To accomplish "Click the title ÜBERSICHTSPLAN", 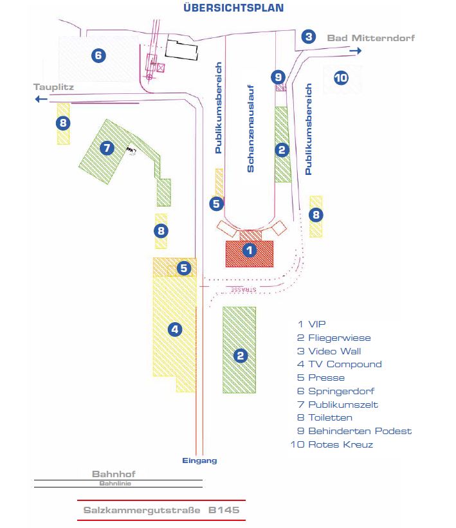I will click(x=233, y=8).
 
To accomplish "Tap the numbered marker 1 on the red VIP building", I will click(x=250, y=250).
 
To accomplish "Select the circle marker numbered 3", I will click(x=309, y=37).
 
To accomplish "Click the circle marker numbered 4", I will click(x=174, y=329).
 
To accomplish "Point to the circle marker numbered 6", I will click(x=98, y=55).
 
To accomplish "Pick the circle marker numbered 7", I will click(x=107, y=148).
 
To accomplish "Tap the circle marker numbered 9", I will click(x=278, y=77).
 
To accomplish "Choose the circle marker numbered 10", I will click(x=340, y=78).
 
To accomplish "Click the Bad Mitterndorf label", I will click(x=370, y=38).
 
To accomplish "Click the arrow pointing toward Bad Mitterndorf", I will click(x=356, y=50).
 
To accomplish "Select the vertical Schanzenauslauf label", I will click(x=251, y=129).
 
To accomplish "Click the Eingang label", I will click(x=199, y=460).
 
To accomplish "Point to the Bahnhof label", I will click(x=113, y=473).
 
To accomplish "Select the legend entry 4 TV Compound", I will click(x=340, y=364).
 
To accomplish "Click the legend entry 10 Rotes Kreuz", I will click(x=332, y=444).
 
